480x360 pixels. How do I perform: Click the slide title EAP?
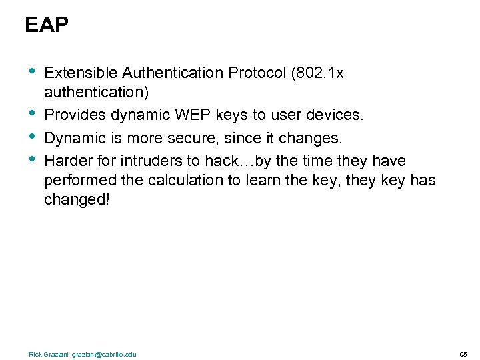[47, 25]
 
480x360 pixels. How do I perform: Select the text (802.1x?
[318, 73]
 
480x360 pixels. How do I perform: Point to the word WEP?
[191, 115]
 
